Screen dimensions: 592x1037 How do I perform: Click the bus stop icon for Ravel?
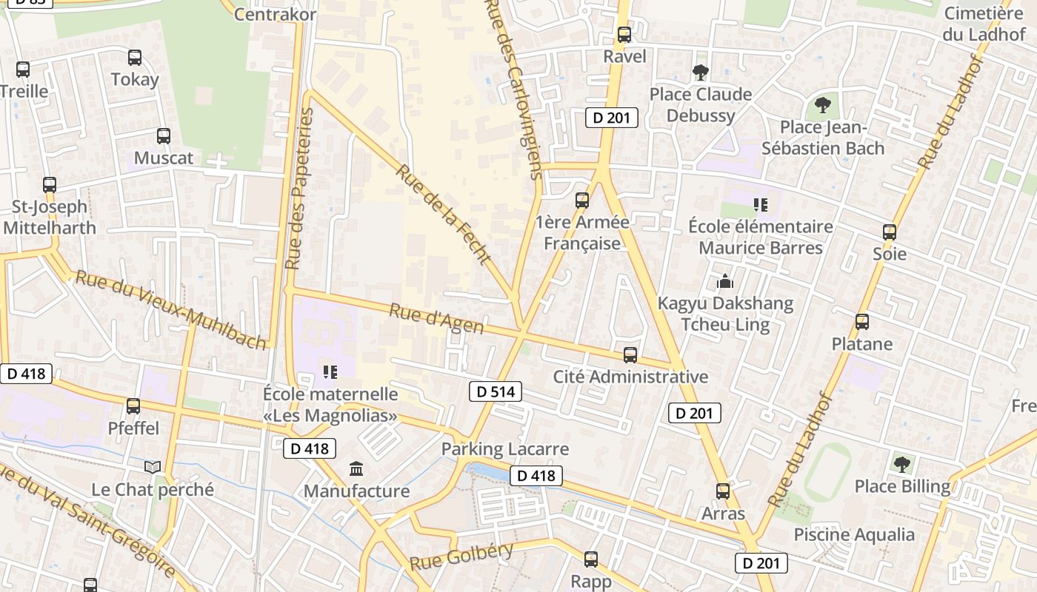point(624,34)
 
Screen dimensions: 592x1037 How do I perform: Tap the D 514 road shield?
point(496,391)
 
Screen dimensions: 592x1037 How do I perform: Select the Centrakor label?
point(275,14)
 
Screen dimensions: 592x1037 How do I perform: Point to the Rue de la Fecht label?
point(443,214)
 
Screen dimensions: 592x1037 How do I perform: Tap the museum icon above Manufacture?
point(356,468)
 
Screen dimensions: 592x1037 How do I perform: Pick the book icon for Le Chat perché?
point(153,467)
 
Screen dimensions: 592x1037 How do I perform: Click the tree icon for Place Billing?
point(901,464)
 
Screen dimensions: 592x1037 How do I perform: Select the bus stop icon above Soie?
point(890,232)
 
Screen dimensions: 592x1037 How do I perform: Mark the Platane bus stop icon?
point(861,322)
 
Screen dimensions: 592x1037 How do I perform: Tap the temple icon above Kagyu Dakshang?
point(725,281)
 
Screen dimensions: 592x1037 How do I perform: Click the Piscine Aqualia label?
point(854,534)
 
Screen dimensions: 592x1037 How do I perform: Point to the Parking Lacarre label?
point(505,449)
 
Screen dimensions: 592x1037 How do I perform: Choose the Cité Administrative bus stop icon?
point(630,355)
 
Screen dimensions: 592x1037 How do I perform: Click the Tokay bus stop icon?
point(135,58)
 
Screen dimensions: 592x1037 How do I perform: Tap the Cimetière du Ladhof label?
point(984,24)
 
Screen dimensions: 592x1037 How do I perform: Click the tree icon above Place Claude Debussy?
point(700,72)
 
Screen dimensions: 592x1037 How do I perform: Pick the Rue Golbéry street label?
point(461,556)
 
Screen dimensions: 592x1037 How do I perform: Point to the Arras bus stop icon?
point(723,491)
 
